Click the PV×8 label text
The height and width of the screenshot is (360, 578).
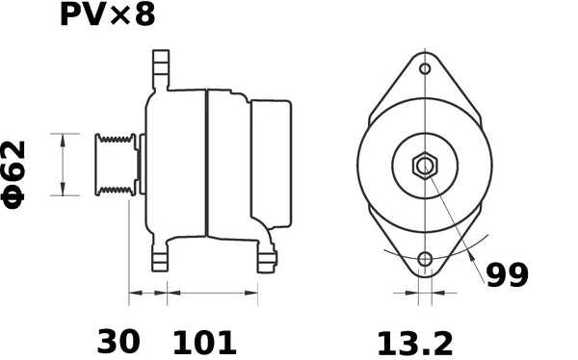[106, 15]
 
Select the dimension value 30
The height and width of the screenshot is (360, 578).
[118, 341]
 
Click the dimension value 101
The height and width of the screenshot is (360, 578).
[204, 341]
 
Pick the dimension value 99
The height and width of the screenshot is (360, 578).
[506, 276]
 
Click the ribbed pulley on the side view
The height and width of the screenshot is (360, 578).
[114, 166]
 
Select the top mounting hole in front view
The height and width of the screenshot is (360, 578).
[425, 69]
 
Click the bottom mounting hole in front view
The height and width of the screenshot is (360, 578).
[425, 259]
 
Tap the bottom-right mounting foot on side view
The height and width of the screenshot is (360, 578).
[267, 257]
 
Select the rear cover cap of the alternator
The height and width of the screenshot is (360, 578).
[272, 164]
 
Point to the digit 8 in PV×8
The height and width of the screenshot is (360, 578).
[143, 15]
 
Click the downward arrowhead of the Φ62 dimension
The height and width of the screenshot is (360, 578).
[63, 191]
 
